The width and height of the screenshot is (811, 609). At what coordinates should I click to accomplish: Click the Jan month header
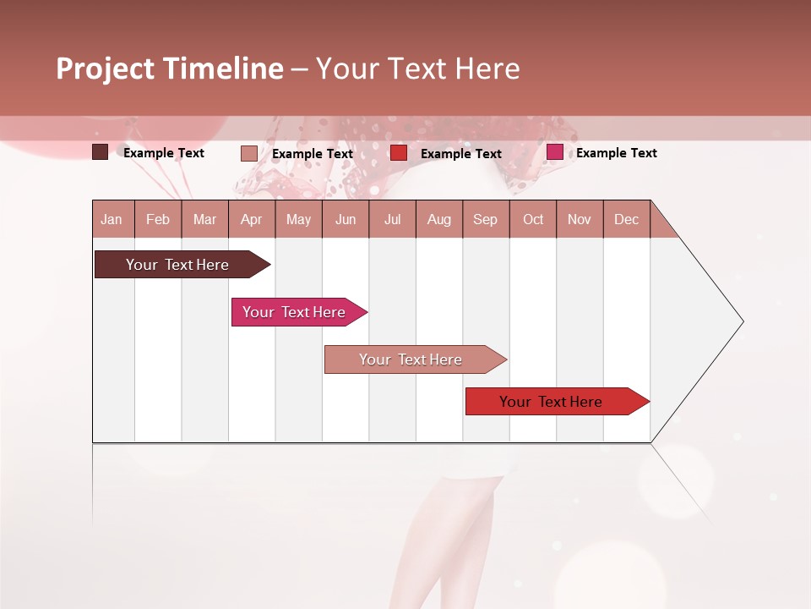pyautogui.click(x=112, y=219)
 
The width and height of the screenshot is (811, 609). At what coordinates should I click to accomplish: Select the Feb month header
pyautogui.click(x=158, y=219)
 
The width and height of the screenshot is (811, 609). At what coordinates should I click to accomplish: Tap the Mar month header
pyautogui.click(x=204, y=219)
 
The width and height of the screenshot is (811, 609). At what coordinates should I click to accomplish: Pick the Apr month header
pyautogui.click(x=252, y=219)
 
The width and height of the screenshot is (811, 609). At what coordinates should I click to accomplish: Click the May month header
pyautogui.click(x=298, y=219)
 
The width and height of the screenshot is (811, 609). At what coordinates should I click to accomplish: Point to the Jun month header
pyautogui.click(x=346, y=219)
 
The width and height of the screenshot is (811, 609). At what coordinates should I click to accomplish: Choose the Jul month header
pyautogui.click(x=392, y=219)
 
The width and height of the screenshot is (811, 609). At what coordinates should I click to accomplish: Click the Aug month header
pyautogui.click(x=439, y=219)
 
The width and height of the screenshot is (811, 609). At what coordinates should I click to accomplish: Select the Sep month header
pyautogui.click(x=486, y=219)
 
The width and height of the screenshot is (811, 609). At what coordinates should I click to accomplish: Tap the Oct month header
pyautogui.click(x=533, y=219)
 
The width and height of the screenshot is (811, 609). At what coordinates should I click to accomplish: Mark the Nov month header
pyautogui.click(x=580, y=219)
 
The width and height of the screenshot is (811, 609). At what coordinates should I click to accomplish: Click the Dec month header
pyautogui.click(x=627, y=219)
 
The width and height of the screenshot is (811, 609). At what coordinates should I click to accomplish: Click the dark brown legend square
pyautogui.click(x=101, y=152)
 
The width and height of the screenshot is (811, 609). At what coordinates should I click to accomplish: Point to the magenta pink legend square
pyautogui.click(x=555, y=152)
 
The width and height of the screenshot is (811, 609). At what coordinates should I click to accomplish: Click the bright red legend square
pyautogui.click(x=399, y=153)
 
